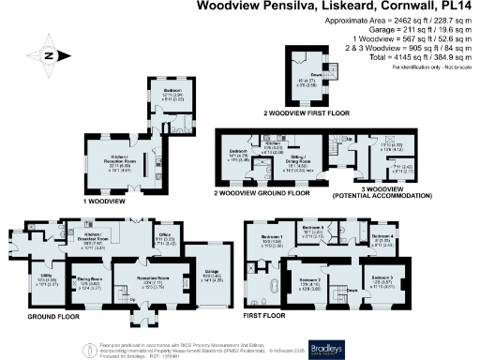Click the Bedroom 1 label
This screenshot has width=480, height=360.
272,238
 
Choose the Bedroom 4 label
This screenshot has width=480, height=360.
382,236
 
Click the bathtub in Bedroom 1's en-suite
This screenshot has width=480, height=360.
276,284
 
